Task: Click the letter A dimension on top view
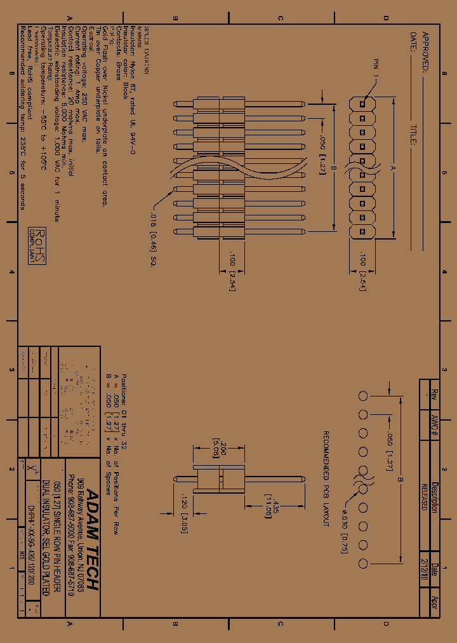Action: pos(393,168)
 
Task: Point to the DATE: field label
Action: pos(413,43)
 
